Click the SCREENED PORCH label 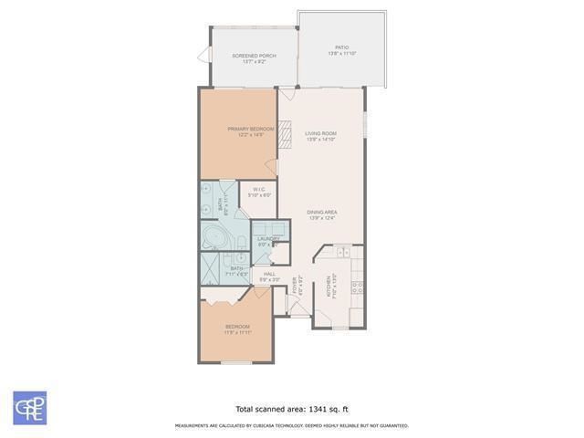254,56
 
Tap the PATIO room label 341,47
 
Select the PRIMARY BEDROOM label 250,130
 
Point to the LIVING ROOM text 320,134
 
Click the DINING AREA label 322,213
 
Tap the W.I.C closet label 259,191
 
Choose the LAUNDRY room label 267,239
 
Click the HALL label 269,275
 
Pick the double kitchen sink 342,252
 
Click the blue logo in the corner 30,408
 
